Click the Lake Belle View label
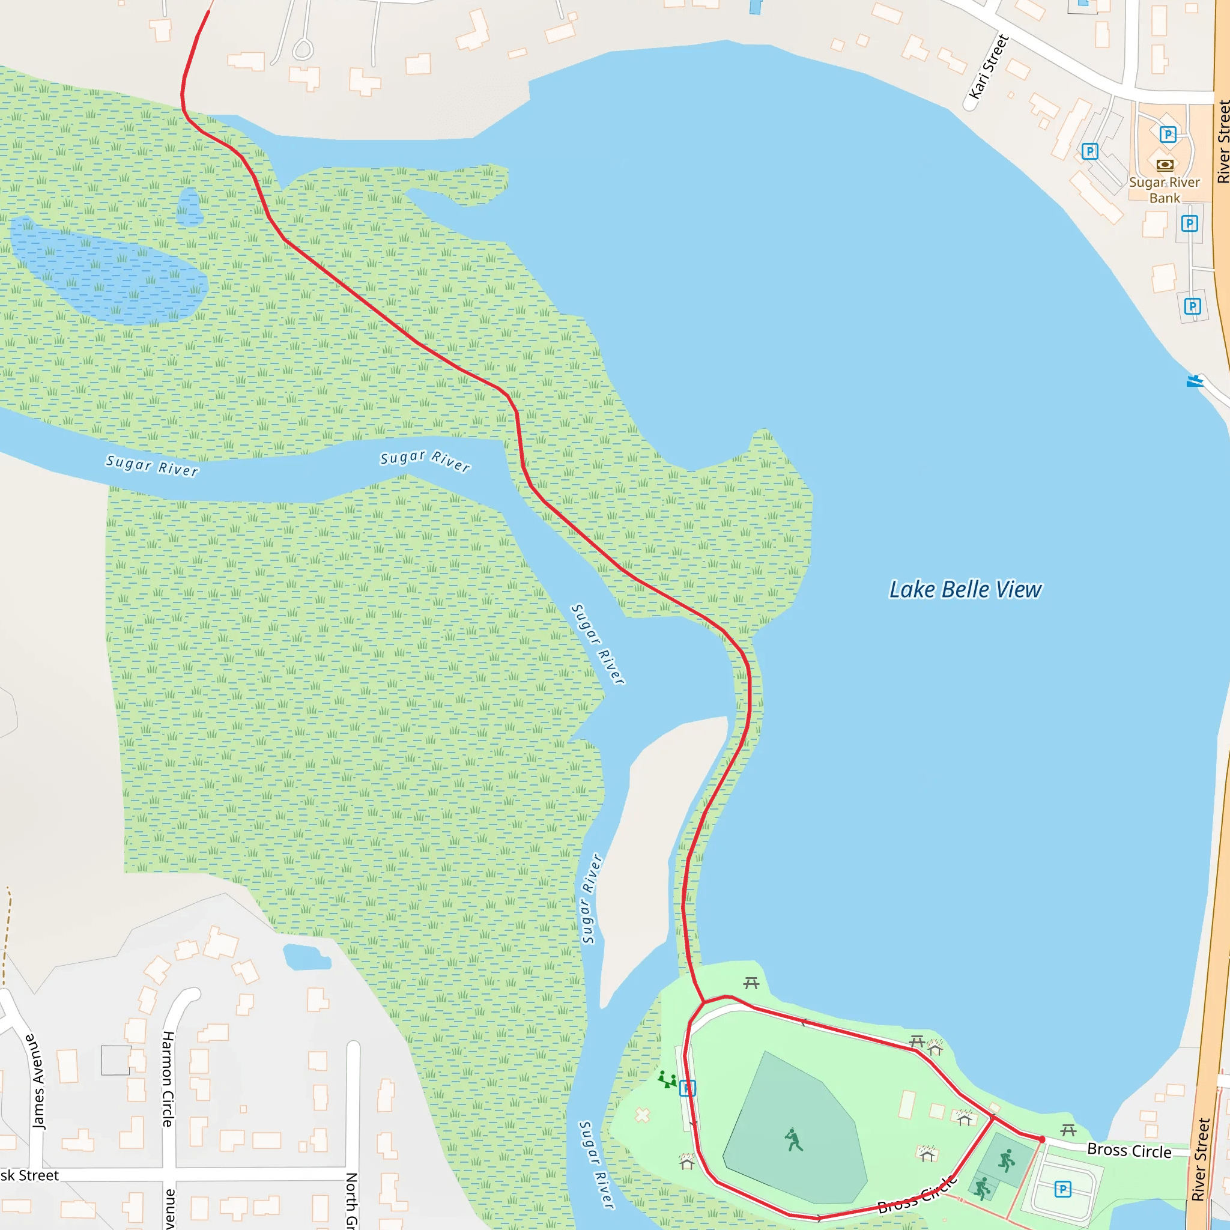pyautogui.click(x=965, y=590)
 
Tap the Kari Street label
pyautogui.click(x=988, y=67)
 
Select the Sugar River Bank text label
pyautogui.click(x=1164, y=190)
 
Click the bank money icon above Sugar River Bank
pyautogui.click(x=1165, y=165)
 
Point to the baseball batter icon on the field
pyautogui.click(x=793, y=1139)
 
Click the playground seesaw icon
pyautogui.click(x=667, y=1080)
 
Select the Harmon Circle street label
pyautogui.click(x=168, y=1079)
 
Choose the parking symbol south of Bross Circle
pyautogui.click(x=1062, y=1189)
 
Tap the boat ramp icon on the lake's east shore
pyautogui.click(x=1195, y=381)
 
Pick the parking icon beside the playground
pyautogui.click(x=688, y=1088)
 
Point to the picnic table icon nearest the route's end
pyautogui.click(x=1068, y=1130)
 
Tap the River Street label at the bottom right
pyautogui.click(x=1200, y=1159)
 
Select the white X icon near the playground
pyautogui.click(x=643, y=1115)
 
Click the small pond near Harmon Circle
pyautogui.click(x=306, y=956)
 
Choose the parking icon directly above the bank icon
pyautogui.click(x=1167, y=135)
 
